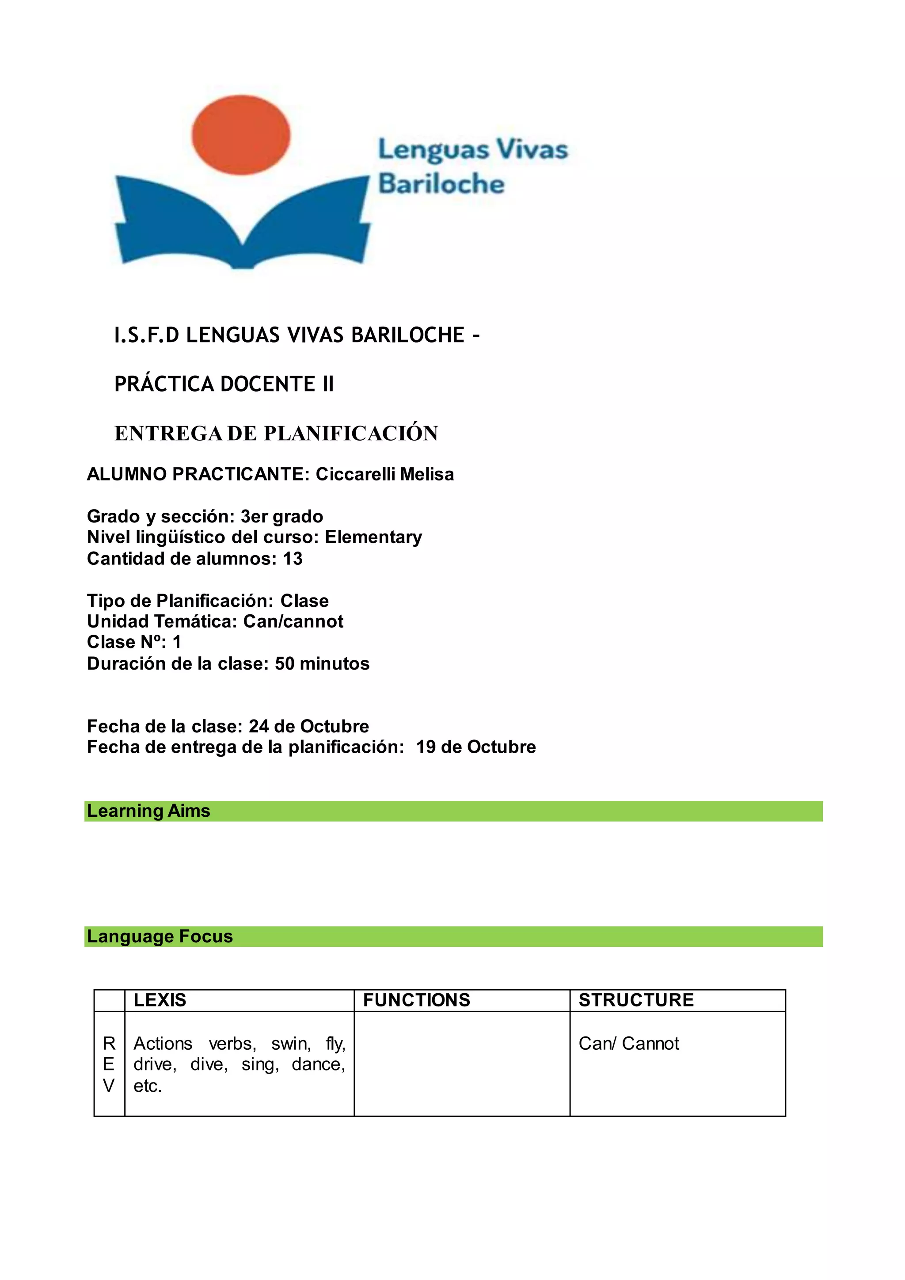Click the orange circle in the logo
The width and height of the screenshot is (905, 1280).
point(241,135)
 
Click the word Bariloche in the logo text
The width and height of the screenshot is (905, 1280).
point(441,184)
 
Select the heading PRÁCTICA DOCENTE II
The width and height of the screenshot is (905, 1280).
point(224,384)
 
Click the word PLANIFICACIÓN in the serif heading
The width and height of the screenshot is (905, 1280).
point(350,434)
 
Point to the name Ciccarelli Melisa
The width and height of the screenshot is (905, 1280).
point(384,474)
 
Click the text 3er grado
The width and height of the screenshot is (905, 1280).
point(281,517)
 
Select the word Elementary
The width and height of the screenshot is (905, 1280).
point(373,537)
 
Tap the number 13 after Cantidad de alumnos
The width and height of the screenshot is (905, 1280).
point(293,559)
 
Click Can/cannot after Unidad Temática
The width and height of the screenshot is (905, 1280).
point(293,621)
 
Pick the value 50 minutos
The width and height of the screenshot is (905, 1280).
point(322,664)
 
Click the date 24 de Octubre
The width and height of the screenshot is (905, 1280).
point(309,727)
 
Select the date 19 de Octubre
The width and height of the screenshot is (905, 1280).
point(476,747)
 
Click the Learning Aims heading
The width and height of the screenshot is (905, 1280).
point(149,811)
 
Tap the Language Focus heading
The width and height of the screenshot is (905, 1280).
point(160,937)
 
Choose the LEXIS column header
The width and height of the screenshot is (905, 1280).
point(160,1000)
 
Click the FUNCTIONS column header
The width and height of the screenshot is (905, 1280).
point(417,1000)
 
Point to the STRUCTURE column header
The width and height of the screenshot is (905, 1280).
point(636,1000)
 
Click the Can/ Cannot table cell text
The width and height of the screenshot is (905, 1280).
point(629,1044)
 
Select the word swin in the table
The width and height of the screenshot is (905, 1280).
point(290,1044)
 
